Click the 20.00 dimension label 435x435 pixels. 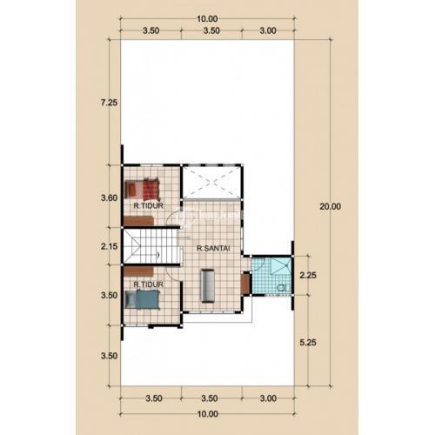(x=330, y=206)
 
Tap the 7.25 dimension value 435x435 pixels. (x=109, y=103)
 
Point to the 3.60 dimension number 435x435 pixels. (x=109, y=198)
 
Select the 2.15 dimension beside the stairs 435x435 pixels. (x=109, y=246)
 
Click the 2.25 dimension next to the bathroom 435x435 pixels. (x=308, y=275)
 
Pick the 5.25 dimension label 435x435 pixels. (x=308, y=343)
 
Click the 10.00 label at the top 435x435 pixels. (x=207, y=19)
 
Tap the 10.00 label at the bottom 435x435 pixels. (x=207, y=414)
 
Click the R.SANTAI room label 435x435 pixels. (x=213, y=248)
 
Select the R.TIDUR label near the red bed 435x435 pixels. (x=148, y=205)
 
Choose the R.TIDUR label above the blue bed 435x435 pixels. (x=148, y=284)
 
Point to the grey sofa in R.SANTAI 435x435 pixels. (x=208, y=285)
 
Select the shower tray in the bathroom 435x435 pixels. (x=281, y=265)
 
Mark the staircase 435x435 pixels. (x=151, y=246)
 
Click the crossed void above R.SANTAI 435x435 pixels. (x=211, y=182)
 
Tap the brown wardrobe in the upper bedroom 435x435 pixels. (x=138, y=221)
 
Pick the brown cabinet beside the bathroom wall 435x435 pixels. (x=245, y=283)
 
